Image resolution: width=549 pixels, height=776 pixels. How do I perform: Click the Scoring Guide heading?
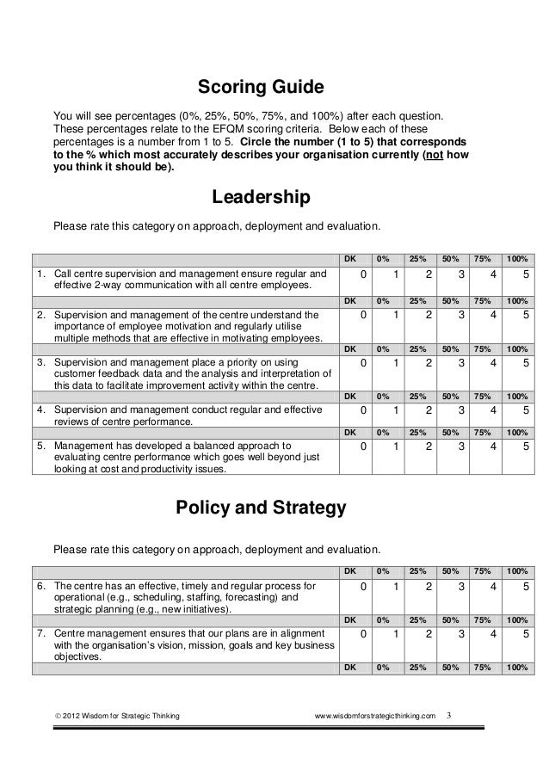pyautogui.click(x=261, y=88)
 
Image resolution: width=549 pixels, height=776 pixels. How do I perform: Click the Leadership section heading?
pyautogui.click(x=261, y=199)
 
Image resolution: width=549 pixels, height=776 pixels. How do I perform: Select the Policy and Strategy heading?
pyautogui.click(x=261, y=508)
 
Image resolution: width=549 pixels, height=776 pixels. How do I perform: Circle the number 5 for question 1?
pyautogui.click(x=525, y=274)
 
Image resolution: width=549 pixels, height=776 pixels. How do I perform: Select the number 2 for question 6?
pyautogui.click(x=428, y=587)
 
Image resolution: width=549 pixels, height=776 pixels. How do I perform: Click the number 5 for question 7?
pyautogui.click(x=525, y=634)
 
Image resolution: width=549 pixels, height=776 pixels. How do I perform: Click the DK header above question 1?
pyautogui.click(x=349, y=258)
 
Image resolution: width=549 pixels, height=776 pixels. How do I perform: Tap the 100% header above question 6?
pyautogui.click(x=517, y=570)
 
